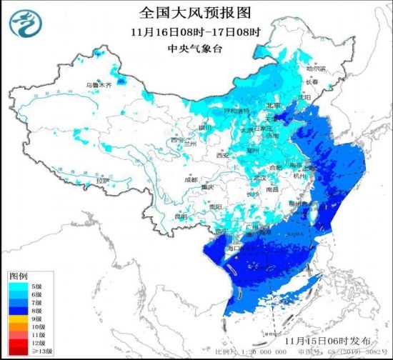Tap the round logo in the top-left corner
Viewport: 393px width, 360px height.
pos(24,24)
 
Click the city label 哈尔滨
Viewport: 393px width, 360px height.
pos(315,69)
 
